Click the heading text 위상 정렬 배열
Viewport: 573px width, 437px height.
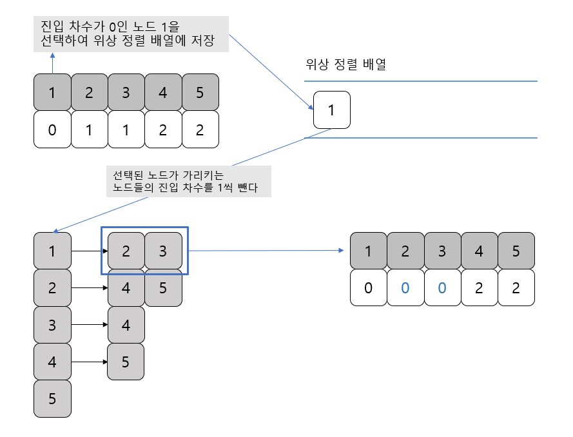(345, 65)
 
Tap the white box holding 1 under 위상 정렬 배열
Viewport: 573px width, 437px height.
(331, 110)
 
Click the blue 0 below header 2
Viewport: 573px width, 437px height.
(405, 287)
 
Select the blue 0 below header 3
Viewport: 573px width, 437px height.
(442, 287)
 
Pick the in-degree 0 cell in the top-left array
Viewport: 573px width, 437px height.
(52, 130)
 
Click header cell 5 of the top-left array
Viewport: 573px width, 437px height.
(200, 92)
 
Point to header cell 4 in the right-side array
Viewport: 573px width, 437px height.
(478, 250)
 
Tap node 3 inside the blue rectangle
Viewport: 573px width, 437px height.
(162, 251)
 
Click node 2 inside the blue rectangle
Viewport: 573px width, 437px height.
(126, 251)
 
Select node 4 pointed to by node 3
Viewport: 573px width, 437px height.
(126, 325)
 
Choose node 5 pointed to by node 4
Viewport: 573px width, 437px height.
(126, 362)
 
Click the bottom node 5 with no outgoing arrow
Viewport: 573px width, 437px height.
(52, 398)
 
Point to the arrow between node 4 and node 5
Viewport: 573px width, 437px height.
(89, 362)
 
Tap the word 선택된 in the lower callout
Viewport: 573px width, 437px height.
(126, 175)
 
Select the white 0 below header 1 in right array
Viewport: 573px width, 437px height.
(368, 287)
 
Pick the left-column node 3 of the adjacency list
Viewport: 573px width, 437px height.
(52, 325)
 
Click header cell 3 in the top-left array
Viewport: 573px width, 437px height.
(126, 92)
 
